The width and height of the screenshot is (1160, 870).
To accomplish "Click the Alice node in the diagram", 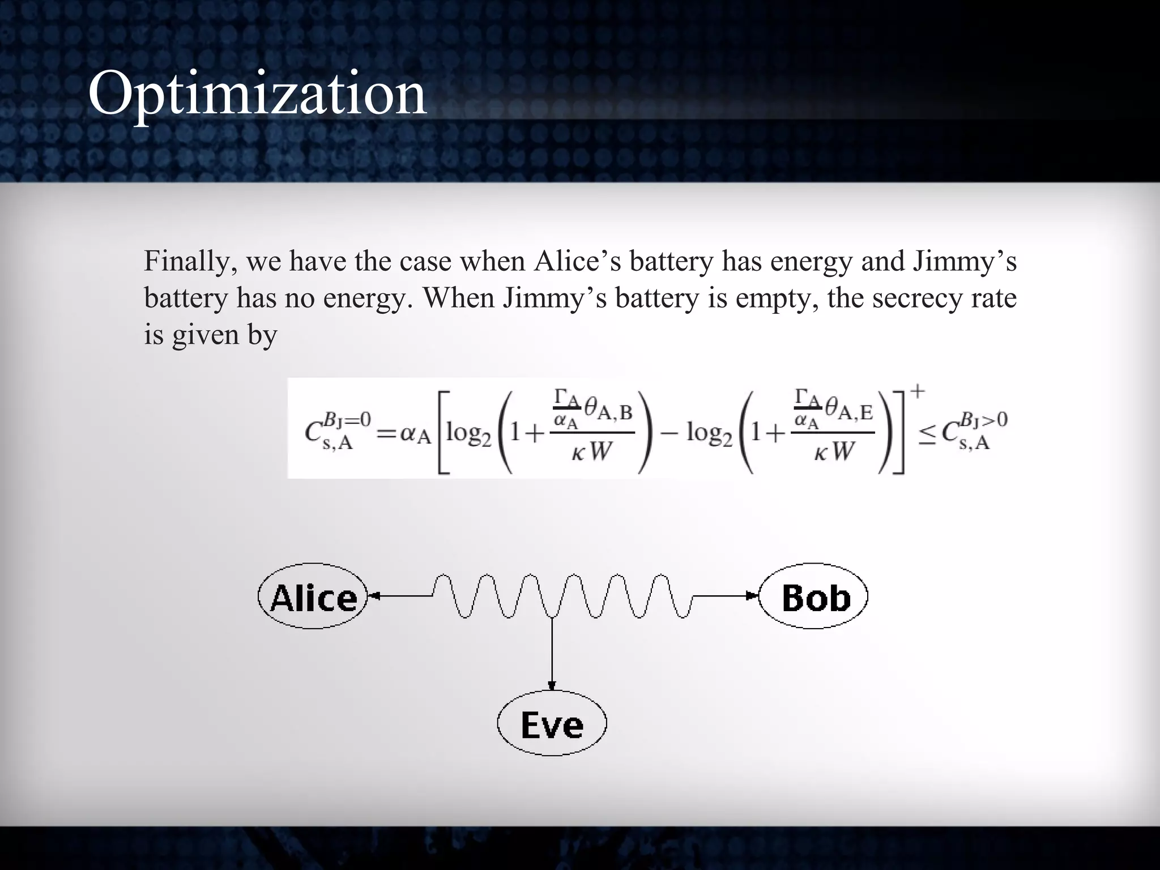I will pyautogui.click(x=313, y=596).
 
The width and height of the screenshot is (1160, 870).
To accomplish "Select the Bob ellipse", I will pyautogui.click(x=813, y=596).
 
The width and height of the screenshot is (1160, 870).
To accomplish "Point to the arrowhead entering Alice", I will pyautogui.click(x=374, y=596).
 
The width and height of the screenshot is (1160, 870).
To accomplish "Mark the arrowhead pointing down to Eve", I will pyautogui.click(x=552, y=685).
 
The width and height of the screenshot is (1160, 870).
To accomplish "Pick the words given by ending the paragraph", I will pyautogui.click(x=224, y=335).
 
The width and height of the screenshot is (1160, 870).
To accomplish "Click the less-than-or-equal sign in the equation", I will pyautogui.click(x=927, y=435).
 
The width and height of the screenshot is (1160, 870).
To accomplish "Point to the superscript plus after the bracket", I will pyautogui.click(x=918, y=391).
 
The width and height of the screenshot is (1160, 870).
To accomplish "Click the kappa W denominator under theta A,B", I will pyautogui.click(x=592, y=451).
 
